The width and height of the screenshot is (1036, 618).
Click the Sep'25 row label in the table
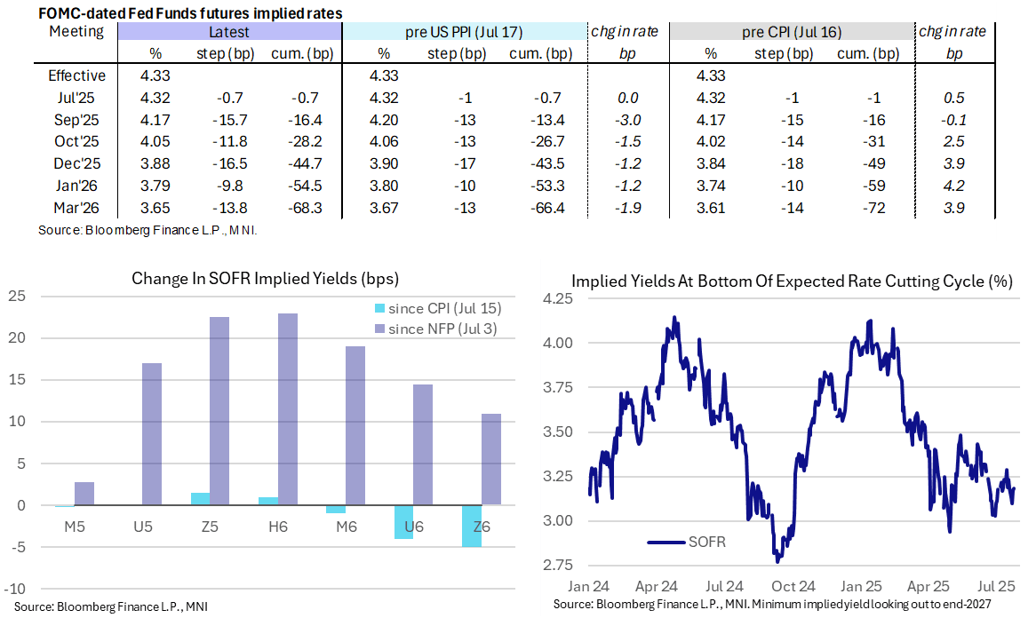(76, 120)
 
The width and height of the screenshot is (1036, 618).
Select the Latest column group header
(228, 32)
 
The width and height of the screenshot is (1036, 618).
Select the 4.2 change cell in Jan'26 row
(954, 186)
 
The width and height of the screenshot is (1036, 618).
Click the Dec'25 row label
(76, 164)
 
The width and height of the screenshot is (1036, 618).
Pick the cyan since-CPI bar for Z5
(201, 499)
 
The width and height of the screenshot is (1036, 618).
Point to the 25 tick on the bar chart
(16, 296)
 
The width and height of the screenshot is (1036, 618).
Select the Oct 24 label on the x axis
(794, 587)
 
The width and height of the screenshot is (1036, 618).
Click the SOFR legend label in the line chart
(709, 541)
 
